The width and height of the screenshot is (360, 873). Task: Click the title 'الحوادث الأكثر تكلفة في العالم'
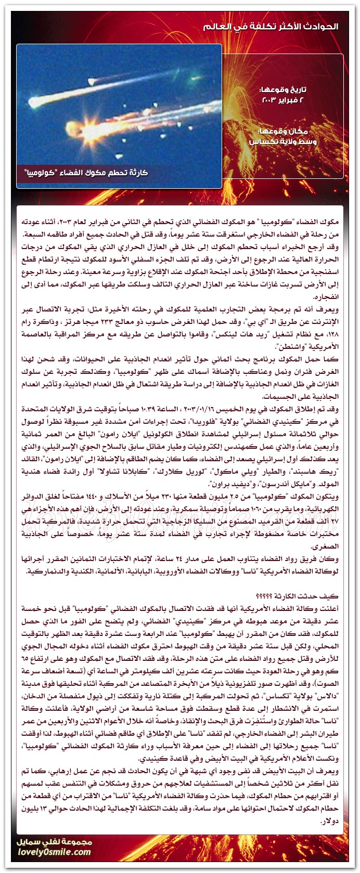coord(286,25)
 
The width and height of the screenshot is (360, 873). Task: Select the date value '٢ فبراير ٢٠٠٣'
coord(289,99)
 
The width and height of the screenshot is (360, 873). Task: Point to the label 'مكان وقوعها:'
coord(293,132)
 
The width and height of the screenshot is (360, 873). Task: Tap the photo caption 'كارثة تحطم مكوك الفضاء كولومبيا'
coord(86,173)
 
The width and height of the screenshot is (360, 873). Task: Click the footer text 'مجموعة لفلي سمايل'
coord(61,842)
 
